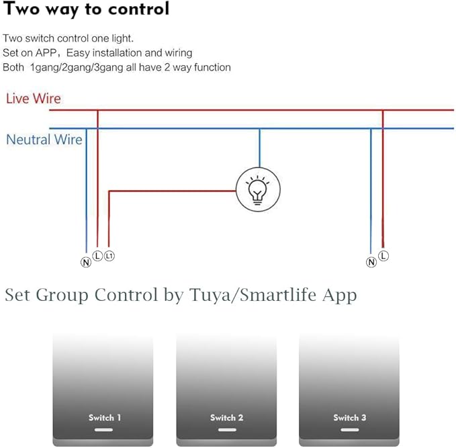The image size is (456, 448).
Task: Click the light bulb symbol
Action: pyautogui.click(x=258, y=189)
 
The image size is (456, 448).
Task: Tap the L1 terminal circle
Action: pyautogui.click(x=109, y=256)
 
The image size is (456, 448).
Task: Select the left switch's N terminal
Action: pyautogui.click(x=86, y=263)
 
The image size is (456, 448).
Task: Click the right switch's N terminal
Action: pyautogui.click(x=371, y=262)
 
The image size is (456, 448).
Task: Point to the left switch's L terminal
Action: pyautogui.click(x=97, y=256)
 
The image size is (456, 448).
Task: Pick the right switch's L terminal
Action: pyautogui.click(x=383, y=256)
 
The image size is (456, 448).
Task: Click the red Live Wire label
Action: pyautogui.click(x=34, y=98)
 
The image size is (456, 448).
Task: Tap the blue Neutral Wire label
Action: pyautogui.click(x=44, y=139)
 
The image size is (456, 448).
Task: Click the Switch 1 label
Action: pyautogui.click(x=105, y=418)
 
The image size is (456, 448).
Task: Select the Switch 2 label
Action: pyautogui.click(x=227, y=418)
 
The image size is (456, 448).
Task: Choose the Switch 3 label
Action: pyautogui.click(x=350, y=418)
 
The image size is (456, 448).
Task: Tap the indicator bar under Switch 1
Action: pyautogui.click(x=103, y=430)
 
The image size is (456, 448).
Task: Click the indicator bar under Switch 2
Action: pyautogui.click(x=227, y=430)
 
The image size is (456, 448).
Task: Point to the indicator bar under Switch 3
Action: pyautogui.click(x=350, y=430)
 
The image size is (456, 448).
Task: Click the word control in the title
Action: pyautogui.click(x=139, y=9)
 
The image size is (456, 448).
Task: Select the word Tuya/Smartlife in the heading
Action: pyautogui.click(x=253, y=295)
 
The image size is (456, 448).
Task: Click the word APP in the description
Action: pyautogui.click(x=46, y=53)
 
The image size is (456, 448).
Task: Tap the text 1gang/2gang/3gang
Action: pyautogui.click(x=77, y=67)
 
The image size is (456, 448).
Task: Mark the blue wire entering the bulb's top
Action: pyautogui.click(x=260, y=148)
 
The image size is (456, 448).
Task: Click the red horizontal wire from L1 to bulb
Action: pyautogui.click(x=172, y=191)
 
